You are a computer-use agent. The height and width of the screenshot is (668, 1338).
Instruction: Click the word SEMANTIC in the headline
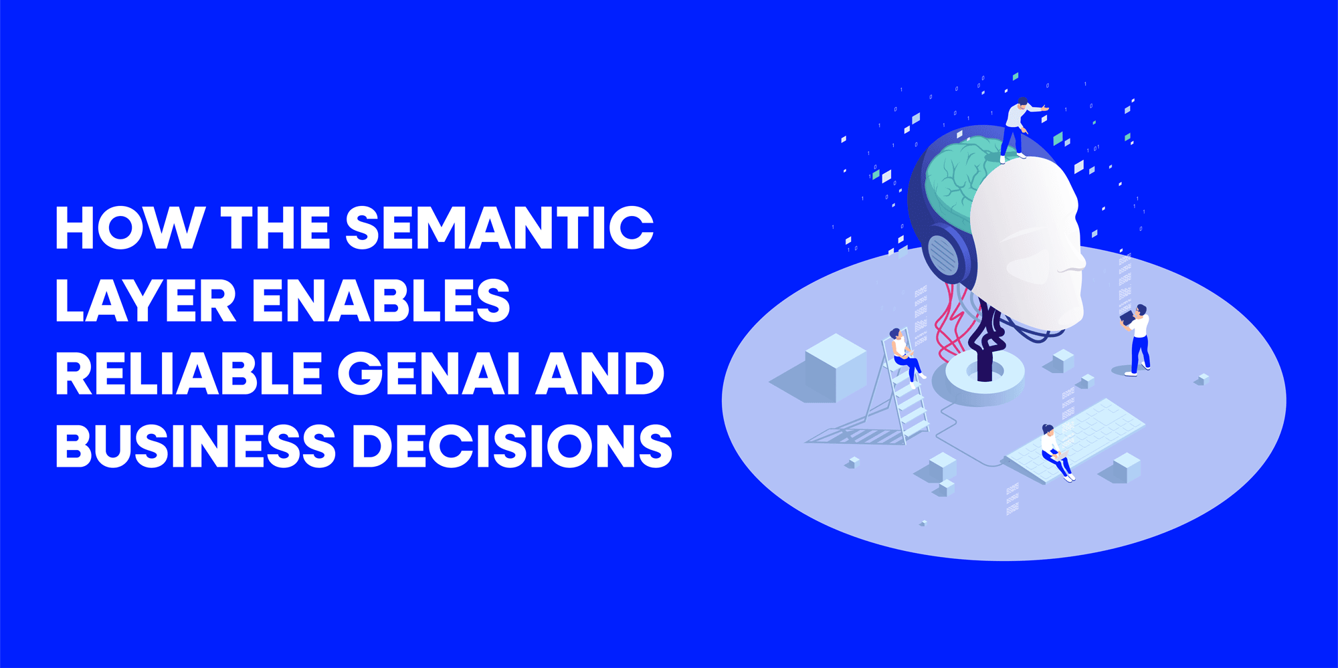(499, 228)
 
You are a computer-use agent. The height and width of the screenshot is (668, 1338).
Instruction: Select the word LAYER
(145, 301)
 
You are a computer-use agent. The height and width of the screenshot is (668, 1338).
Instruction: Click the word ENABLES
(381, 301)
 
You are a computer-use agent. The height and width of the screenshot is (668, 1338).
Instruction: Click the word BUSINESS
(195, 446)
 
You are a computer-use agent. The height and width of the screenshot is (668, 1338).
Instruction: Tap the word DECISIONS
(512, 446)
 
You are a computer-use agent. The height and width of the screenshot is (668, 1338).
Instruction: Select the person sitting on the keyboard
(1055, 452)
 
